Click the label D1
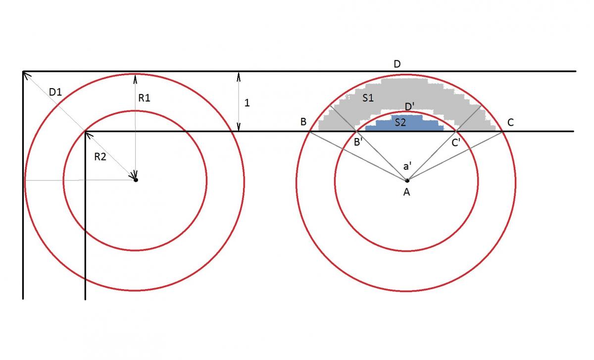(55, 92)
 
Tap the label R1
(144, 98)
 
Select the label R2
(100, 157)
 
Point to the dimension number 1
(247, 103)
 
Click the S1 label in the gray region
(368, 98)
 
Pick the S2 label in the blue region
(400, 122)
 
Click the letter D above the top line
(397, 64)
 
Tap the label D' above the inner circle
(409, 106)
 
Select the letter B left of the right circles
(303, 122)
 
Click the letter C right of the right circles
(510, 122)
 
